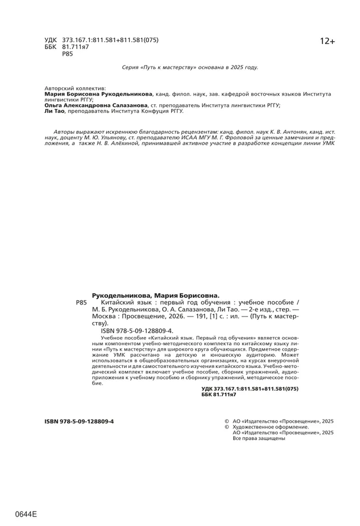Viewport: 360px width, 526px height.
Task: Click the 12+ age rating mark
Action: [327, 42]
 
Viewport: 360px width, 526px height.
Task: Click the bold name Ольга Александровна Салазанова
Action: [96, 105]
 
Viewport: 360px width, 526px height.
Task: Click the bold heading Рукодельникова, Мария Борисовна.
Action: [156, 295]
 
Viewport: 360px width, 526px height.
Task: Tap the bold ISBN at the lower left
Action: [79, 421]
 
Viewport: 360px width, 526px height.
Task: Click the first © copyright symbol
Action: [226, 421]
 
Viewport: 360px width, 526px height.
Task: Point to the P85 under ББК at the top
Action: [68, 54]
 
